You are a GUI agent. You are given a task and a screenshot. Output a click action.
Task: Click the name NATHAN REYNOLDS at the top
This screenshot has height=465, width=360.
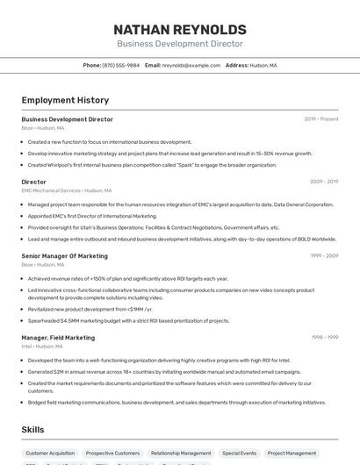tap(179, 28)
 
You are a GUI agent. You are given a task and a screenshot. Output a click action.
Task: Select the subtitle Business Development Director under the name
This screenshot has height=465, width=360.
tap(179, 44)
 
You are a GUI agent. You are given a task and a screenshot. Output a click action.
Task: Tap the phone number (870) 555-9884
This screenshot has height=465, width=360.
tap(120, 66)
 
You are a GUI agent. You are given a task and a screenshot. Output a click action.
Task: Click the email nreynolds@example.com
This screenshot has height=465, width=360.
tap(191, 66)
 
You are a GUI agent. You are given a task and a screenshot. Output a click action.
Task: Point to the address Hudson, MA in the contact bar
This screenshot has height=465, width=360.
tap(263, 66)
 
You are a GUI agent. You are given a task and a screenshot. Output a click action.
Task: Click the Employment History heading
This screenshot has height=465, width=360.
tap(65, 100)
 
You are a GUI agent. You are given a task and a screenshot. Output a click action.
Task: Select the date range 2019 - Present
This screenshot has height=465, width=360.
tap(321, 119)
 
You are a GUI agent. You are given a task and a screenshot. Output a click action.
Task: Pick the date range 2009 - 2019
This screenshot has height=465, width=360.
tap(324, 182)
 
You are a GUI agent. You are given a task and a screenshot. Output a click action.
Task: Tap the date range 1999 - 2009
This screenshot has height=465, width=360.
tap(324, 256)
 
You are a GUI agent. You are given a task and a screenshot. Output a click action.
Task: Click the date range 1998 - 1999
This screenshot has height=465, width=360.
tap(324, 338)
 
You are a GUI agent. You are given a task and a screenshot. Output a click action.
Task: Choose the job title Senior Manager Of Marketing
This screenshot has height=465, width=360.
tap(65, 256)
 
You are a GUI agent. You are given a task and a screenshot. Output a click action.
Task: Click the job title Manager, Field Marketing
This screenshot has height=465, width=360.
tap(58, 338)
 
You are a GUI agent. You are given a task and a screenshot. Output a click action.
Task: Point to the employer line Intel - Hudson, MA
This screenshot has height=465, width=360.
tap(42, 346)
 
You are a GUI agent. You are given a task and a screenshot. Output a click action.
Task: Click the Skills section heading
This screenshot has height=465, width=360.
tap(33, 430)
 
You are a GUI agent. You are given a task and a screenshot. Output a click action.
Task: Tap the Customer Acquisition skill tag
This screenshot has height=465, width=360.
tap(50, 454)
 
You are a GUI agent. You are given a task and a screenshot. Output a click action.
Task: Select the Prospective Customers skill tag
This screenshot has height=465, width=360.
tap(112, 454)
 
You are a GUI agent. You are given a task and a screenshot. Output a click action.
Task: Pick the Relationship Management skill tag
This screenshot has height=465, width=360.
tap(181, 454)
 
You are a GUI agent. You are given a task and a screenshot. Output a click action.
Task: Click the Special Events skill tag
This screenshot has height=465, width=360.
tap(239, 454)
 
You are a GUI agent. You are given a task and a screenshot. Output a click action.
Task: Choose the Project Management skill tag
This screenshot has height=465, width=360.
tap(292, 454)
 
